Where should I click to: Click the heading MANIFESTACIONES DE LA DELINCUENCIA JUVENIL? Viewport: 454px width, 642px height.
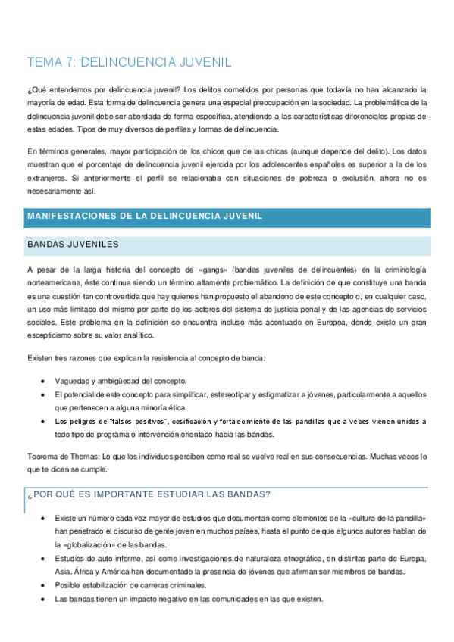pyautogui.click(x=145, y=217)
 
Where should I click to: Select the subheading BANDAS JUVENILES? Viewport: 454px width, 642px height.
pyautogui.click(x=72, y=245)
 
